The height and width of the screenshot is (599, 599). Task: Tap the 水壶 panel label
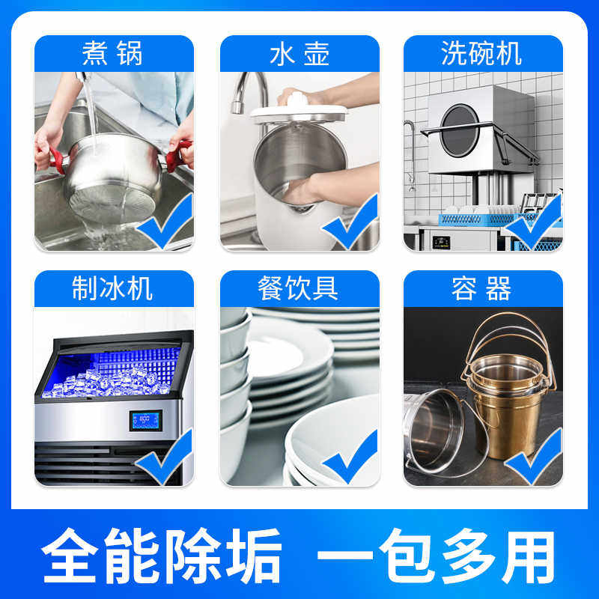click(299, 54)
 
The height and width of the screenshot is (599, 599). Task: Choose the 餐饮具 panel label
click(299, 289)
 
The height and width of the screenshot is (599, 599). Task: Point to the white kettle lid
click(299, 112)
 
